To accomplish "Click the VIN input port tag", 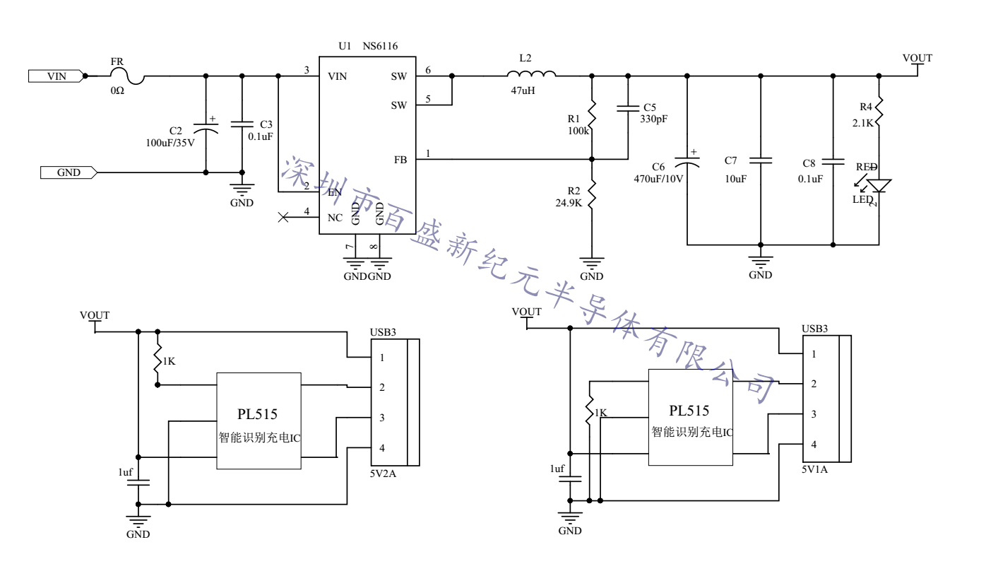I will tap(56, 76).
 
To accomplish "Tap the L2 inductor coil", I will tap(530, 73).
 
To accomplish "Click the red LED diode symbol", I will tap(879, 185).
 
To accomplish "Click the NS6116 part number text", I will tap(380, 46).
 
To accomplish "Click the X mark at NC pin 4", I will tap(284, 218).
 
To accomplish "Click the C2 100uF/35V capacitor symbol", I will tap(206, 129).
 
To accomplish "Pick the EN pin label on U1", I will tap(335, 192).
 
